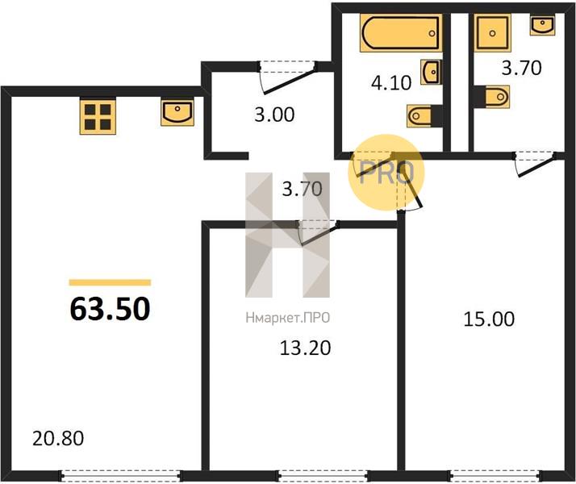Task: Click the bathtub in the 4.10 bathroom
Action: click(400, 33)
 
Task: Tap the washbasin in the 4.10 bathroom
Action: click(431, 72)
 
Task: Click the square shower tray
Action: click(492, 33)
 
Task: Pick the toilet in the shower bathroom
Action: click(492, 97)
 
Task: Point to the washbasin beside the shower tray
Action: click(542, 25)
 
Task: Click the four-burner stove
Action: click(98, 116)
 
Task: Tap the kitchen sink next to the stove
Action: click(177, 113)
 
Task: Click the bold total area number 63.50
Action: click(110, 309)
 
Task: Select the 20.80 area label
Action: click(58, 438)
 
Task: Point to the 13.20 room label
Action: click(305, 348)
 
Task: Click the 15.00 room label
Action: click(489, 319)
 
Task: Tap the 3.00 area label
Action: click(274, 115)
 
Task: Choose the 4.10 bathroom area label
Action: click(391, 82)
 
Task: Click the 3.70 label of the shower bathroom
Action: click(522, 68)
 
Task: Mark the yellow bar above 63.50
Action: click(110, 282)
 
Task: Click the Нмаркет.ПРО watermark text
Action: click(288, 318)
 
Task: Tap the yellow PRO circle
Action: click(386, 173)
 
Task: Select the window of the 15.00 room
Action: click(495, 476)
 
